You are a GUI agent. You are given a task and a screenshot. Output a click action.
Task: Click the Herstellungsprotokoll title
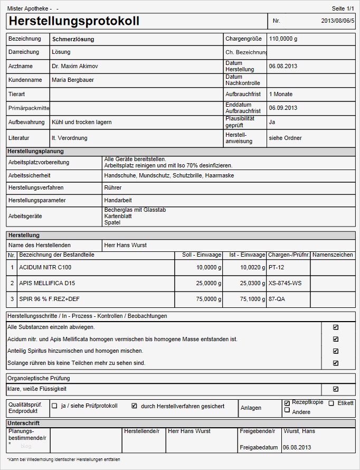click(x=74, y=21)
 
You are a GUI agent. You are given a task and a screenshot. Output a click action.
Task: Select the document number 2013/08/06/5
click(x=338, y=21)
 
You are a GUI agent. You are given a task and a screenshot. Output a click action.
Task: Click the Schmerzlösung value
click(x=73, y=39)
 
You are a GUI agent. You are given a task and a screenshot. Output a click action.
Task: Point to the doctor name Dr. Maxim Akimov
click(x=74, y=67)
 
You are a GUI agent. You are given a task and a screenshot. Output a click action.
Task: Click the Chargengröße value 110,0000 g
click(x=283, y=39)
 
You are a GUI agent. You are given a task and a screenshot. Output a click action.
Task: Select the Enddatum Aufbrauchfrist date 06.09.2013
click(x=283, y=108)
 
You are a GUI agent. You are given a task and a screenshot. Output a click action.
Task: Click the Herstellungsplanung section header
click(x=36, y=152)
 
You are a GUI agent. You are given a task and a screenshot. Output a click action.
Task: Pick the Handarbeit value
click(x=118, y=201)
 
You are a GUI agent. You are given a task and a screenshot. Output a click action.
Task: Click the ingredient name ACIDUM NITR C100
click(x=45, y=268)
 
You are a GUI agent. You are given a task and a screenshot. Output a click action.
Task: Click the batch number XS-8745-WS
click(x=285, y=284)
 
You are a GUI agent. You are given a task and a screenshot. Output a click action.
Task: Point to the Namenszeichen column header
click(x=333, y=255)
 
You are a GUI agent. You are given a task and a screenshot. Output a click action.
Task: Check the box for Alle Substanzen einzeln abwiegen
click(x=336, y=327)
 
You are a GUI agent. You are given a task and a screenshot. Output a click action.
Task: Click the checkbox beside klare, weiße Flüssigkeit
click(x=336, y=389)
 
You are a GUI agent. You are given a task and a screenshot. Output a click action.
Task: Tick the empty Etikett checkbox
click(x=331, y=403)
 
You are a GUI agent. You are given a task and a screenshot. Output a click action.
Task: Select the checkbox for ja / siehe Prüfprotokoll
click(x=54, y=406)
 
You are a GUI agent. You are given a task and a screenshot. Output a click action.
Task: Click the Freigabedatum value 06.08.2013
click(x=297, y=447)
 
